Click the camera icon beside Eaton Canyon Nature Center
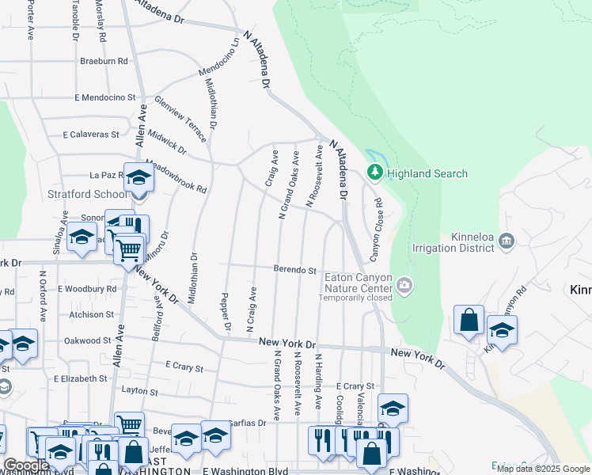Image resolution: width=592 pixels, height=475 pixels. (405, 285)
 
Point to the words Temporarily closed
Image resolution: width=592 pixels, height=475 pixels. (355, 298)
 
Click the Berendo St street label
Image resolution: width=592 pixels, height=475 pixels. (295, 270)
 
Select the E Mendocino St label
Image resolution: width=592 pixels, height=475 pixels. (105, 97)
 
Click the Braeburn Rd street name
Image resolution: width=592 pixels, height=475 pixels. (104, 61)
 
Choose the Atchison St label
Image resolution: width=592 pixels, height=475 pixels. (92, 314)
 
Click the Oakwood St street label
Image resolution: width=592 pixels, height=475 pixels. (88, 340)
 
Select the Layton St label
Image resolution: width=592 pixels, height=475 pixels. (141, 390)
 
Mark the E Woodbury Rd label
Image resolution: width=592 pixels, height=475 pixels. (87, 289)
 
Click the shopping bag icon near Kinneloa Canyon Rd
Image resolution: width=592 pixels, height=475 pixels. (469, 321)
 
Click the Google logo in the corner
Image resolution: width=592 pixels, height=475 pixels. (26, 465)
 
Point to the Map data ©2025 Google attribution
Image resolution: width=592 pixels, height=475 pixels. (543, 469)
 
